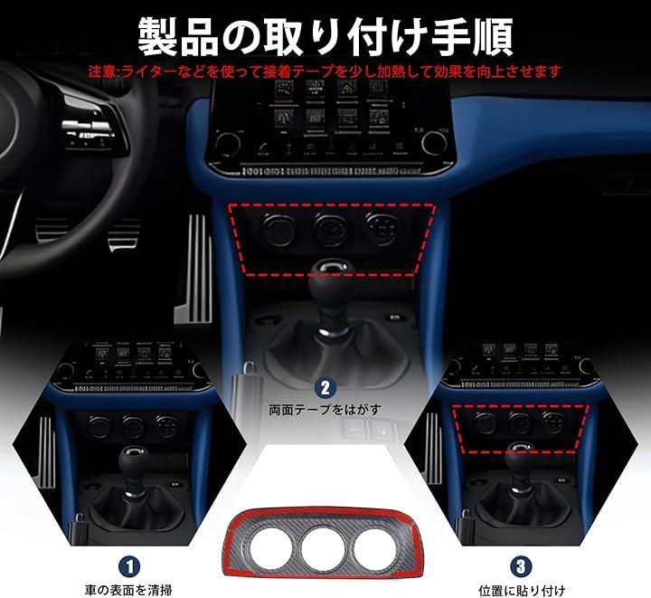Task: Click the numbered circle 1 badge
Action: tap(129, 566)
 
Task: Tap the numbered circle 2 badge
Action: tap(325, 388)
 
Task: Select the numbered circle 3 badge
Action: tap(522, 566)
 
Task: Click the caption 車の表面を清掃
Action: tap(128, 590)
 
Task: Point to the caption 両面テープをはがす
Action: tap(325, 410)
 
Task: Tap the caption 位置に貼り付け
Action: tap(522, 590)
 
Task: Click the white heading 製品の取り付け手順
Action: tap(325, 36)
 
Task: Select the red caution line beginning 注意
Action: tap(325, 71)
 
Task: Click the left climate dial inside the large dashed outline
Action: tap(277, 228)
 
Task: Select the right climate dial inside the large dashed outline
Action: tap(382, 227)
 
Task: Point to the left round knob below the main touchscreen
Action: tap(228, 142)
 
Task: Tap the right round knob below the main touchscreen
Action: tap(434, 142)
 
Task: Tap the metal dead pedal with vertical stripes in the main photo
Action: tap(195, 269)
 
